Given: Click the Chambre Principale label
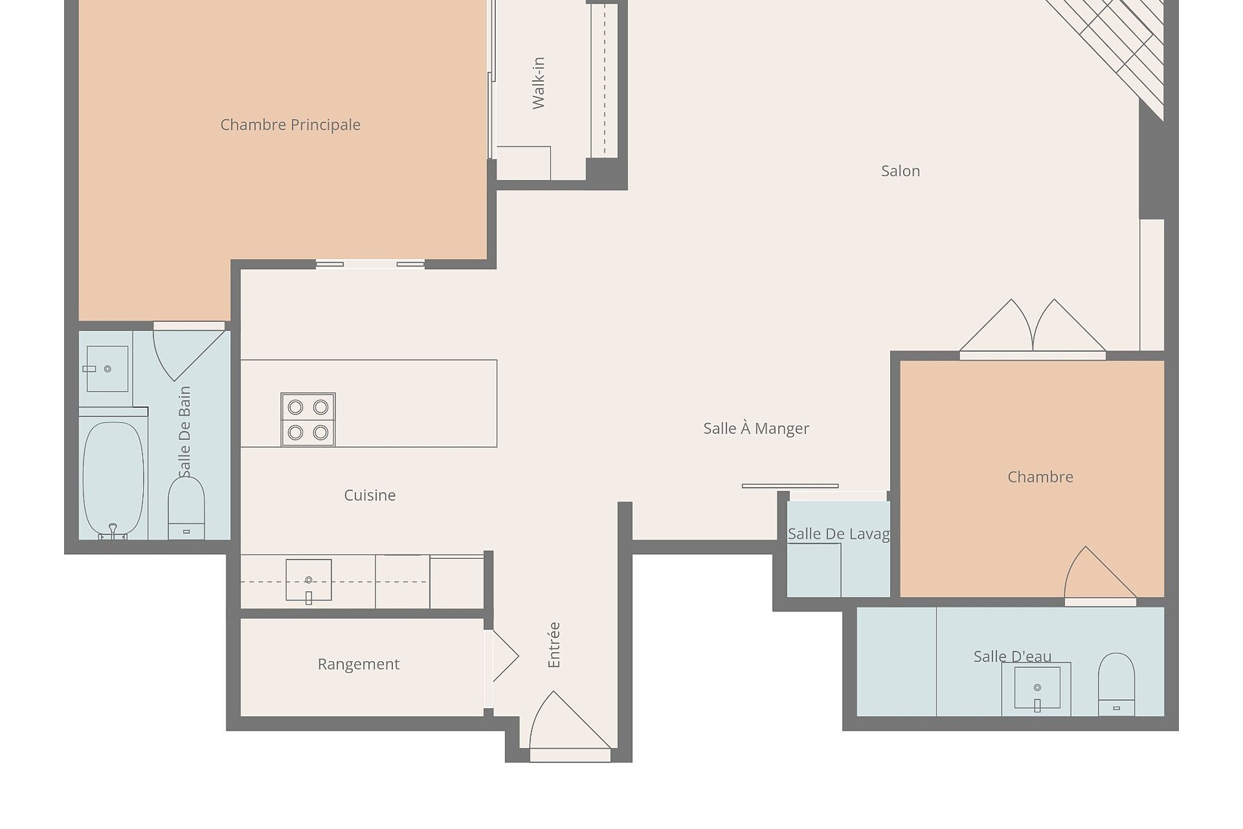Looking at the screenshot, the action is pyautogui.click(x=290, y=125).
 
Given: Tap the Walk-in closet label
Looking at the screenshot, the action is pyautogui.click(x=539, y=83).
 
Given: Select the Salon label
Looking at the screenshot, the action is pyautogui.click(x=900, y=171).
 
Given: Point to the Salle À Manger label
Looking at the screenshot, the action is pyautogui.click(x=756, y=428).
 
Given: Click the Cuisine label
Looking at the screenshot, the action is pyautogui.click(x=370, y=495).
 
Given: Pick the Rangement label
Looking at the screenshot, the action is pyautogui.click(x=358, y=664).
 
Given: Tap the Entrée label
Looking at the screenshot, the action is pyautogui.click(x=554, y=645).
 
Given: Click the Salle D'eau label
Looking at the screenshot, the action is pyautogui.click(x=1012, y=656).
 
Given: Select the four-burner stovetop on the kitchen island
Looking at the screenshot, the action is pyautogui.click(x=308, y=419).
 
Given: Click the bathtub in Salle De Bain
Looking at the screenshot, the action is pyautogui.click(x=113, y=478).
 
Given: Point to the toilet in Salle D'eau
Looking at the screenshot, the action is pyautogui.click(x=1116, y=684).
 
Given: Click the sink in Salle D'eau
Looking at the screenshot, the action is pyautogui.click(x=1037, y=688).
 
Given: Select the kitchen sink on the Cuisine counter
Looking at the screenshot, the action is pyautogui.click(x=309, y=581).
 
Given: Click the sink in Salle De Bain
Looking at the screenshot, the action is pyautogui.click(x=107, y=369).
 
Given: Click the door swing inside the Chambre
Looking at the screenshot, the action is pyautogui.click(x=1099, y=573).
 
